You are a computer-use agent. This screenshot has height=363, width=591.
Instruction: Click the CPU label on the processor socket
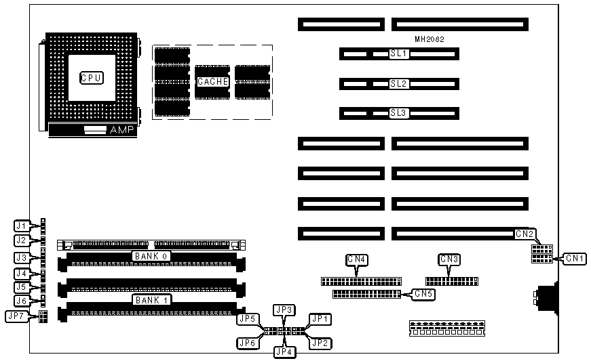pos(91,78)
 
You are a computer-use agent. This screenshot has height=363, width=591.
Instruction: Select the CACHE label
pos(212,82)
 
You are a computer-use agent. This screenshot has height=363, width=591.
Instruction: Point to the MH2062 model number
pos(430,40)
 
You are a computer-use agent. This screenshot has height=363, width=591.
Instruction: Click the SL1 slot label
pos(398,53)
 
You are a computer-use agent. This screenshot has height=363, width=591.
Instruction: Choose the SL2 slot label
pos(398,83)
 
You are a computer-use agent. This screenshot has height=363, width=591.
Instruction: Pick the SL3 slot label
pos(398,113)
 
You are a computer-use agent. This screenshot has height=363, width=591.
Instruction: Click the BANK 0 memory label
pos(151,256)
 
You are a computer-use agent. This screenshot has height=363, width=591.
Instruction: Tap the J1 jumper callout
pos(22,226)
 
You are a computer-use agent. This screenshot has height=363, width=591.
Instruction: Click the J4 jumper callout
pos(22,274)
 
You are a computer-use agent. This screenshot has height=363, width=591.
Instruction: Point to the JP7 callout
pos(16,315)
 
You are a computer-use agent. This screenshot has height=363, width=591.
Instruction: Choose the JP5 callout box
pos(247,318)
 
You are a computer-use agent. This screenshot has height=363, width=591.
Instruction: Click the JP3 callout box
pos(284,310)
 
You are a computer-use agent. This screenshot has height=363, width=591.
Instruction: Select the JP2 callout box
pos(320,343)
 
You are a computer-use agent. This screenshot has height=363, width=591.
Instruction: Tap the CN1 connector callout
pos(575,258)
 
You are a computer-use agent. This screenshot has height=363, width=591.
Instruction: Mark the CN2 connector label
pos(525,234)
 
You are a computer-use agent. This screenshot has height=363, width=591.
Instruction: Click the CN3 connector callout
pos(450,259)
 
